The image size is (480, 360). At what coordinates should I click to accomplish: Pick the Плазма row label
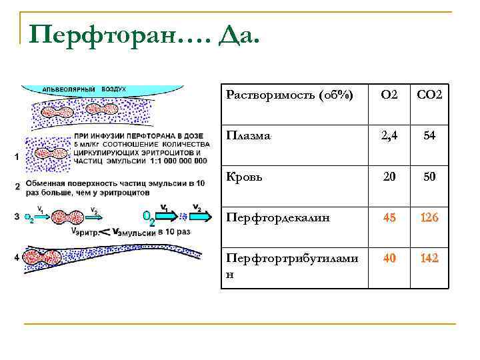(248, 135)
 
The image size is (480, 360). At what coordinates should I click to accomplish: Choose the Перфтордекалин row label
(277, 217)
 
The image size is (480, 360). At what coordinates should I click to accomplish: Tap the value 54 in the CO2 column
(429, 136)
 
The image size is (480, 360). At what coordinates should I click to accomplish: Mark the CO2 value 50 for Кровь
(429, 177)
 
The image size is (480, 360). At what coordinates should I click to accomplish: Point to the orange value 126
(429, 217)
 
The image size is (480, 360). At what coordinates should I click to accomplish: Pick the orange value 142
(429, 257)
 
